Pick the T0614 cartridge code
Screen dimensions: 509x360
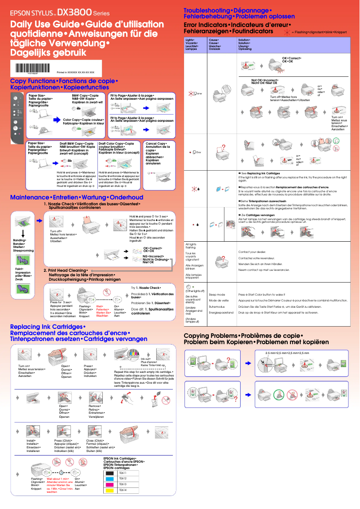coord(123,490)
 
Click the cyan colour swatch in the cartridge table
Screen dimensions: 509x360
coord(109,479)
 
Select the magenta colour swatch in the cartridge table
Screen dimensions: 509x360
coord(109,485)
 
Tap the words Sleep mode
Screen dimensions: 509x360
coord(217,294)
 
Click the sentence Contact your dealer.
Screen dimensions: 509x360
coord(252,252)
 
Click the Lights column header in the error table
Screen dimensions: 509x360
coord(191,44)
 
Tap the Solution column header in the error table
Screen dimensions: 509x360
coord(245,44)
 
